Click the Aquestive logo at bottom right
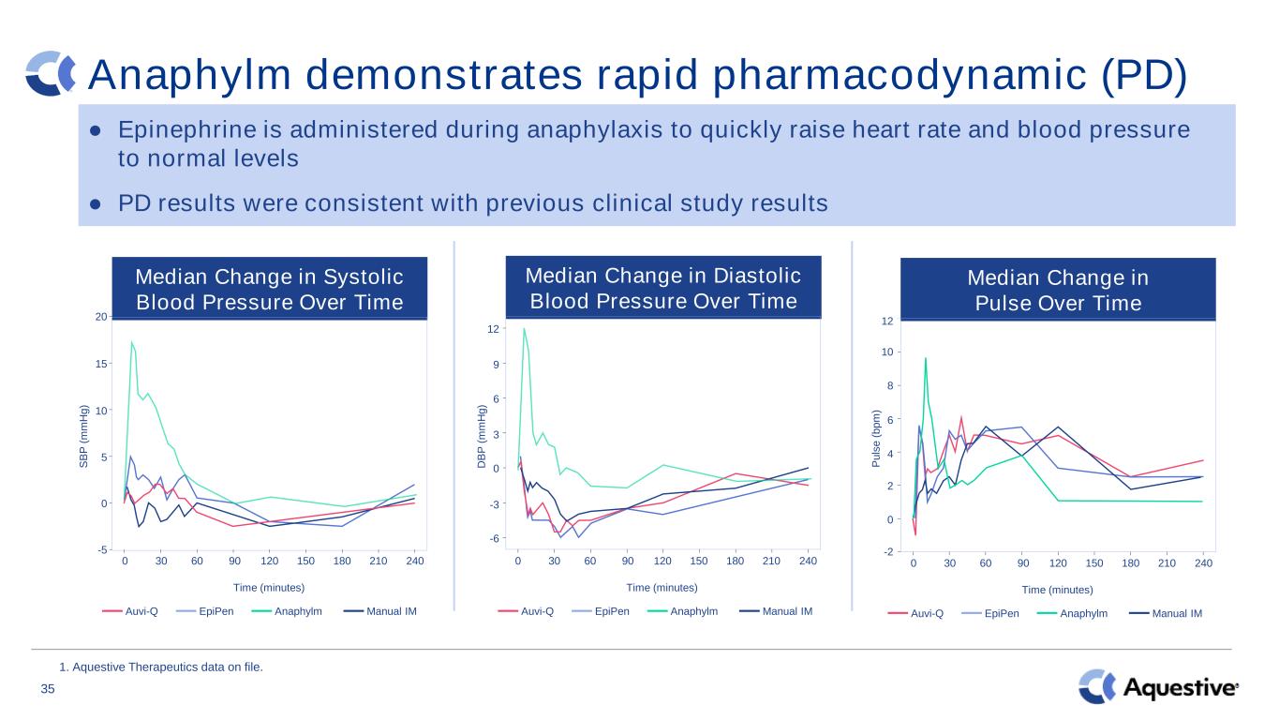1158,686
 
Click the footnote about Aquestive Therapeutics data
161,667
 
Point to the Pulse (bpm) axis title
876,439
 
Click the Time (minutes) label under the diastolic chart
662,588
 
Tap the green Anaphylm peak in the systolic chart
132,341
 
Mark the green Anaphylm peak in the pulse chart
926,358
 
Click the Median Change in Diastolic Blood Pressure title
663,288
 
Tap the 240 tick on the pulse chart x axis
1203,563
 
